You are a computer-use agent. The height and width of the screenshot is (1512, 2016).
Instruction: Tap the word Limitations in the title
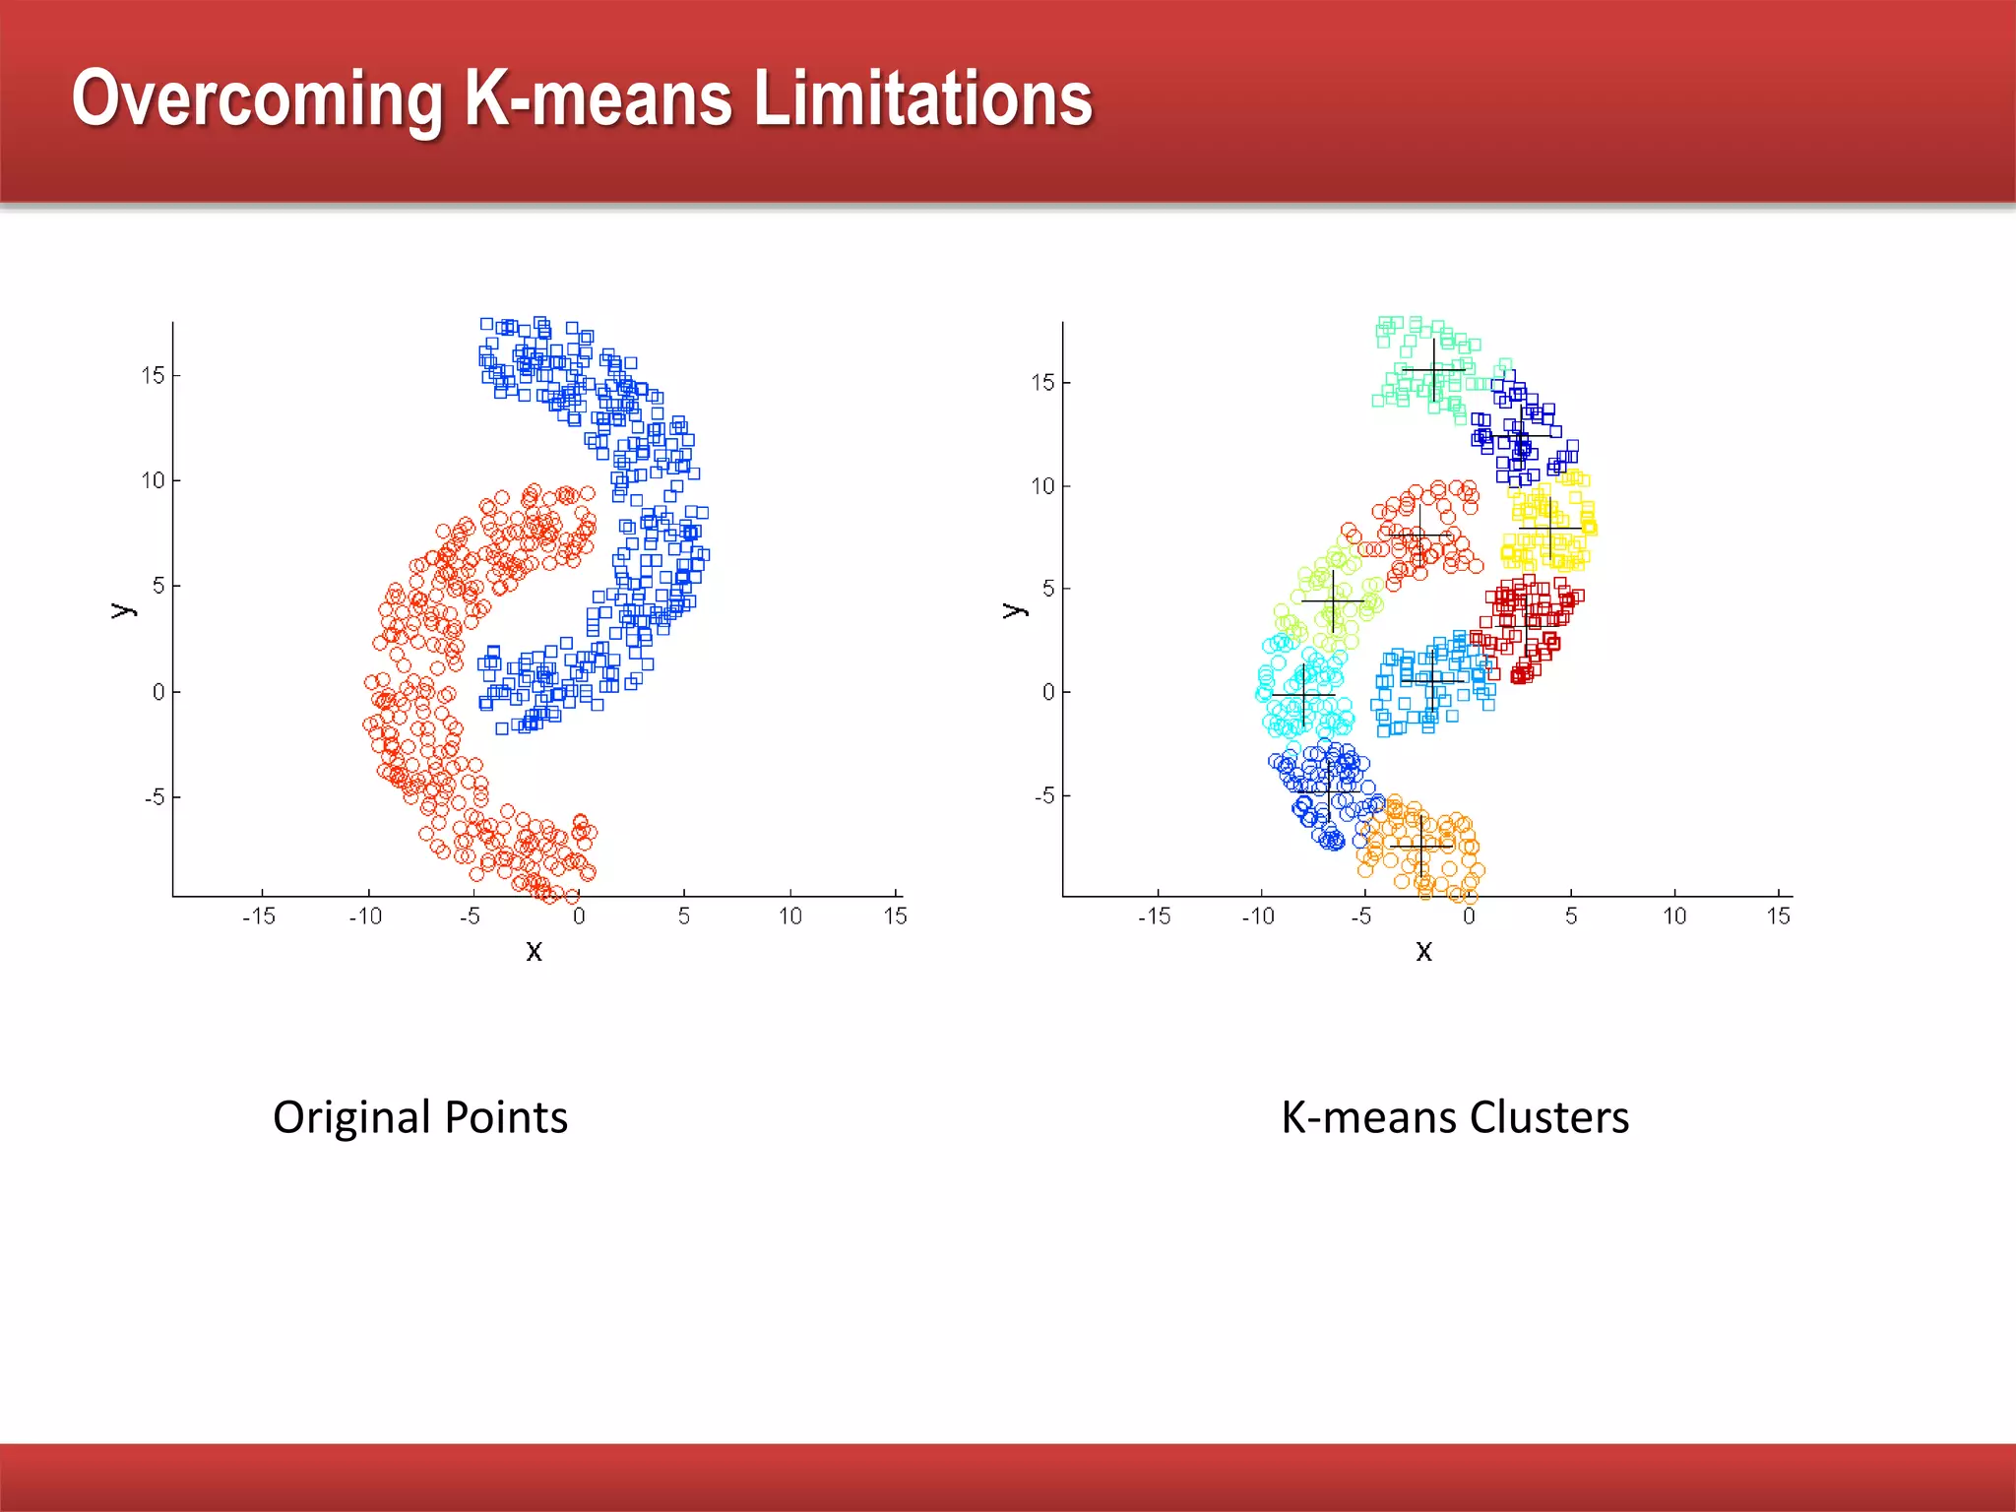(922, 99)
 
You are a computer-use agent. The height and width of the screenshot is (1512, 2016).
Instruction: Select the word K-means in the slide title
(598, 99)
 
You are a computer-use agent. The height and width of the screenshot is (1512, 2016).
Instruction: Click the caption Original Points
(420, 1117)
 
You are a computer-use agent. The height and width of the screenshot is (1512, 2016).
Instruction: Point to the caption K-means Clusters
(1455, 1117)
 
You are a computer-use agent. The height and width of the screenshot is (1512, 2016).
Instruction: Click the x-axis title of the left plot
(535, 951)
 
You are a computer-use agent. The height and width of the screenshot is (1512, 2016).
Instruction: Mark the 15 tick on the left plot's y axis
(153, 375)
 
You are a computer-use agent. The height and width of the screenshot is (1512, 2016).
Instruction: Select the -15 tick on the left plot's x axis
(259, 916)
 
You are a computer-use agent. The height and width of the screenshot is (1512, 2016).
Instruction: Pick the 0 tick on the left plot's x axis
(579, 916)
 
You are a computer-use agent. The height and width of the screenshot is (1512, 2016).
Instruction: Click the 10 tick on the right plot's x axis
(1674, 916)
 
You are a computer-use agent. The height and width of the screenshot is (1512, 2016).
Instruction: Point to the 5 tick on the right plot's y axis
(1048, 589)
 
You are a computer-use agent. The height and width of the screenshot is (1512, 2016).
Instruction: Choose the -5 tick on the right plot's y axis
(1044, 795)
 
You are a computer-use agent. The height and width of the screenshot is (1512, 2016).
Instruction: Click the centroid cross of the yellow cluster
(1550, 529)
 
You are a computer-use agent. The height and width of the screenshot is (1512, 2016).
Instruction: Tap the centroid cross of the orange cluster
(1420, 845)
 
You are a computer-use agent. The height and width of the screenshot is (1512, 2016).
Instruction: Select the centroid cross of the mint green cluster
(1433, 370)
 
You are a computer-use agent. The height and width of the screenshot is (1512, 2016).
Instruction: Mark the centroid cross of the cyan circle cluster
(1303, 695)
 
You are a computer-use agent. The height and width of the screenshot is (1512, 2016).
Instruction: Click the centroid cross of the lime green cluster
(1333, 599)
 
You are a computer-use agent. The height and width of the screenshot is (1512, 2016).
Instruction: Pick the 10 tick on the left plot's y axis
(153, 480)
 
